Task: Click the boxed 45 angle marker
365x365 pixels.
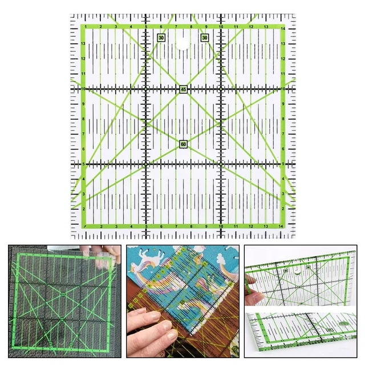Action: point(183,90)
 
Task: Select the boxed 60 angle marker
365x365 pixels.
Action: point(183,144)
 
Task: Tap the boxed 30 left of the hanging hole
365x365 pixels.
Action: point(161,38)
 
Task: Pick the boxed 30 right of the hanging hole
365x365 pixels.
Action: point(205,38)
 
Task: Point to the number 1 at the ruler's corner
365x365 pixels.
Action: point(86,27)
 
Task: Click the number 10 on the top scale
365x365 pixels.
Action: point(221,27)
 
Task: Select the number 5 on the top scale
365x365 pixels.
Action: point(146,27)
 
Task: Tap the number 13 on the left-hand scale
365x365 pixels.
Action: point(83,44)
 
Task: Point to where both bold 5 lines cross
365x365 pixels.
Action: point(146,164)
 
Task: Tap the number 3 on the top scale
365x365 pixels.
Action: point(116,27)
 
